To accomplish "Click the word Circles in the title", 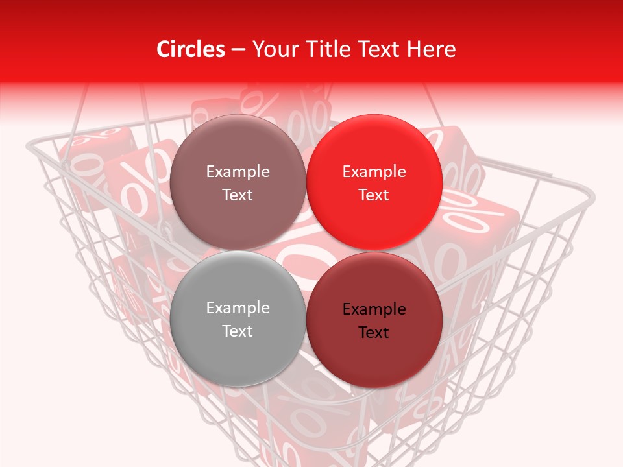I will (190, 49).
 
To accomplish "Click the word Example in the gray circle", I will (238, 308).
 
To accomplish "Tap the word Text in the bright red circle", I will (374, 195).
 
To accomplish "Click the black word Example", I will (374, 309).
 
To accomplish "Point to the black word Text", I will (374, 333).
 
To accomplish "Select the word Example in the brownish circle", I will (238, 172).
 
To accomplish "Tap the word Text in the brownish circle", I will (238, 195).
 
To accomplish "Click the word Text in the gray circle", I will (238, 331).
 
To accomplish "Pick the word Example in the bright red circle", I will (374, 172).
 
